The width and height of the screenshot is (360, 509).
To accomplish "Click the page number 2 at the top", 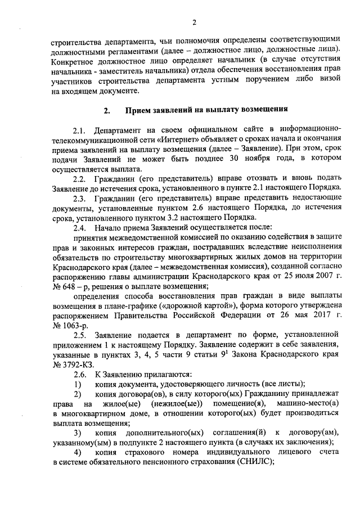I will click(195, 22).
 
